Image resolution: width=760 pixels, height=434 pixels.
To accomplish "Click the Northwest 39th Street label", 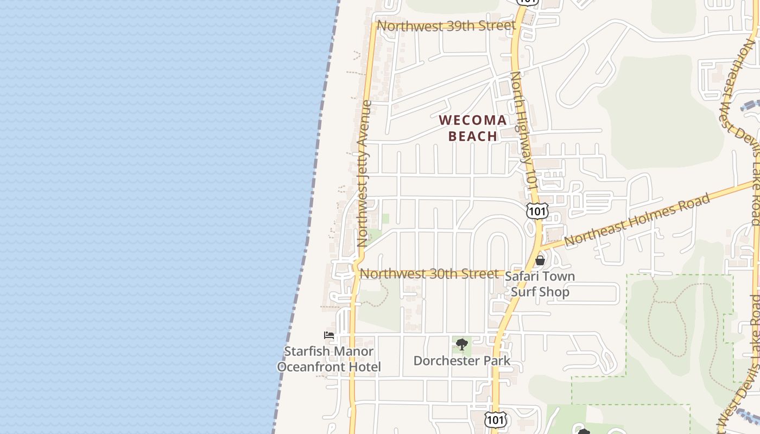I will (446, 25).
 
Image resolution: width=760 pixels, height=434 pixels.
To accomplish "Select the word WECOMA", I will (472, 120).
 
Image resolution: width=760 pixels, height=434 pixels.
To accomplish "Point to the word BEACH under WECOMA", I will (473, 136).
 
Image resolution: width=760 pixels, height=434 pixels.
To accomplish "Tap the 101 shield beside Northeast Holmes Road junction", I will (537, 211).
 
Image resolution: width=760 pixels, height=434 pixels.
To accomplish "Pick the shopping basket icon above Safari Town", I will (540, 260).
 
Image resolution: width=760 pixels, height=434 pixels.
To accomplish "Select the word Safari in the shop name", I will (522, 276).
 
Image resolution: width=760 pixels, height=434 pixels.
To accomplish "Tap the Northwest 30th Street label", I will (429, 274).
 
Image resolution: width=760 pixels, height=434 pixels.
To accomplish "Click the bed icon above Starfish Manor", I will (328, 335).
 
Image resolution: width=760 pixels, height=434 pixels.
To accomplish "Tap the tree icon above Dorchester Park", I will (461, 344).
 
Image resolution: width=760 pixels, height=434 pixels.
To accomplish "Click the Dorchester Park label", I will (461, 361).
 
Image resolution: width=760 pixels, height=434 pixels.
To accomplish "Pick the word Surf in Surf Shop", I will (523, 292).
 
